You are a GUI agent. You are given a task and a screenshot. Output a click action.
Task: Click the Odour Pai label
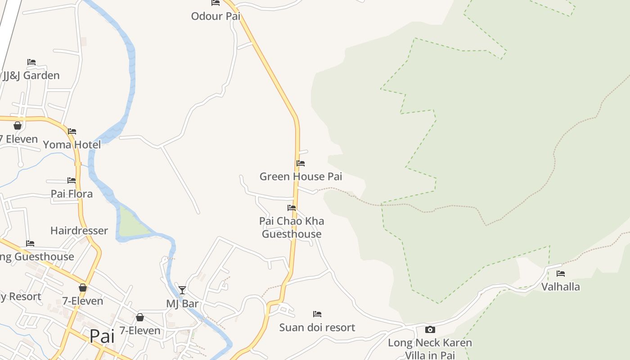coord(216,17)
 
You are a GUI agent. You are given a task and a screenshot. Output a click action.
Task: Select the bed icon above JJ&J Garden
coord(31,62)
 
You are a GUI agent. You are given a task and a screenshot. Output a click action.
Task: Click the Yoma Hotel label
coord(72,144)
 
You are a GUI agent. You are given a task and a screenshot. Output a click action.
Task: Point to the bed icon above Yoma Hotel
coord(72,131)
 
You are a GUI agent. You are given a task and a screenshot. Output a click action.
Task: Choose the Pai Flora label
coord(72,194)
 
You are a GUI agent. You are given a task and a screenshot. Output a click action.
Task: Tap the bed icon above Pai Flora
coord(72,180)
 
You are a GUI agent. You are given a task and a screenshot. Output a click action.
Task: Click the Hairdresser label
coord(79,231)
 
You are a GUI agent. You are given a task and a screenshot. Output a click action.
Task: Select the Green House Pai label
coord(301,176)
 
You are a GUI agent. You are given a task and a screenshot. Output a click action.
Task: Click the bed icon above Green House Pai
coord(301,163)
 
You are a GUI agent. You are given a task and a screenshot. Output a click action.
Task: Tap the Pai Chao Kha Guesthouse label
coord(292,227)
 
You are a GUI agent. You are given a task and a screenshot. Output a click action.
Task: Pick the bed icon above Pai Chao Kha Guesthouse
coord(292,208)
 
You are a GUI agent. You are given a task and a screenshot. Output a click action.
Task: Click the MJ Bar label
coord(182,304)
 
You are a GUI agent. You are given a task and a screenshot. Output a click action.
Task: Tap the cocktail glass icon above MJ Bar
coord(182,290)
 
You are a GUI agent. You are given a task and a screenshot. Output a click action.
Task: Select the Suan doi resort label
coord(317,327)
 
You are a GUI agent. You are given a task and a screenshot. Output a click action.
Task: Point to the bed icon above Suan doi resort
coord(317,314)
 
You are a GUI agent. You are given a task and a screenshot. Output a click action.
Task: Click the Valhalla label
coord(561,287)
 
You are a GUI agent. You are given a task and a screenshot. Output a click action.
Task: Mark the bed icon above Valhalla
coord(561,273)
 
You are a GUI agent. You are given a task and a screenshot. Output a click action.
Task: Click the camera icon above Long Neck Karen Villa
coord(430,329)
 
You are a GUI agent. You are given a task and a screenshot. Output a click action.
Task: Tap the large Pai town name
coord(102,336)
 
